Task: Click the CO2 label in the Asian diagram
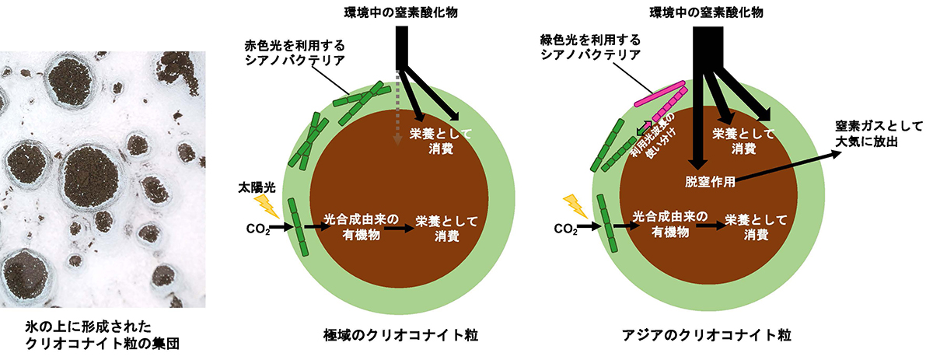(565, 229)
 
